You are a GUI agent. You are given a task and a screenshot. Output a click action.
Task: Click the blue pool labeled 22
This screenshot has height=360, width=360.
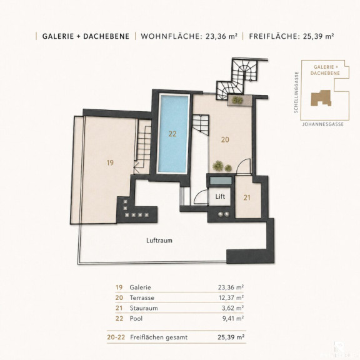[173, 134]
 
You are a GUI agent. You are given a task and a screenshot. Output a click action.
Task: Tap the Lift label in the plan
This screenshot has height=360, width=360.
[220, 196]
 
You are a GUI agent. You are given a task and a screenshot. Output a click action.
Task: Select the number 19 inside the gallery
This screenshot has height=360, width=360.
[110, 162]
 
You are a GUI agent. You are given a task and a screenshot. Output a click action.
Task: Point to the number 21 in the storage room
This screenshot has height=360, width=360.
[247, 197]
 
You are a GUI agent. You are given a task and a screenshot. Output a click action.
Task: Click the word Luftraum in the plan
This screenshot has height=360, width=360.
[159, 241]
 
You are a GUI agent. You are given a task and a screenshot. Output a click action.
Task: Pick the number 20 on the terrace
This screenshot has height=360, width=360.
[225, 139]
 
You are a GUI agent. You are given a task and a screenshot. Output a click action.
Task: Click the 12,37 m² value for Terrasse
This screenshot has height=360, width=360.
[231, 297]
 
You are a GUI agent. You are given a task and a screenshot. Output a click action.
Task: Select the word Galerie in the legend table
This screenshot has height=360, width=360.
[140, 287]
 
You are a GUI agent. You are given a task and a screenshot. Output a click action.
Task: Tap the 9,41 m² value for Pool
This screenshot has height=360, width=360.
[233, 319]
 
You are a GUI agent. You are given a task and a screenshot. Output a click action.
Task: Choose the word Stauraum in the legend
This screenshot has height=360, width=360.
[144, 308]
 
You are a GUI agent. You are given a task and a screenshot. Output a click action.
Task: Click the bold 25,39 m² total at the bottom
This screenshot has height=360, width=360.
[231, 337]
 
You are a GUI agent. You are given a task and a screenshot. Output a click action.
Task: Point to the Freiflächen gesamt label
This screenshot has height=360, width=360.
[159, 337]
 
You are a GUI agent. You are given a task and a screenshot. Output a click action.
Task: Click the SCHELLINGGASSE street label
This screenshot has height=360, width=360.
[296, 92]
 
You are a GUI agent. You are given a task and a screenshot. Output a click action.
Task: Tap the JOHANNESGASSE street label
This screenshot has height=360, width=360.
[323, 124]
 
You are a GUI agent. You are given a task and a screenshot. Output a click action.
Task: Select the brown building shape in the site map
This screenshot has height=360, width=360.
[321, 99]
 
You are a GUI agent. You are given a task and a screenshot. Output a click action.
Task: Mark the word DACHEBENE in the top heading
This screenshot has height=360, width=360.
[106, 36]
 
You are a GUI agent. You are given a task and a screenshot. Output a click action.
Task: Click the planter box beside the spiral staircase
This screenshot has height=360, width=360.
[240, 101]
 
